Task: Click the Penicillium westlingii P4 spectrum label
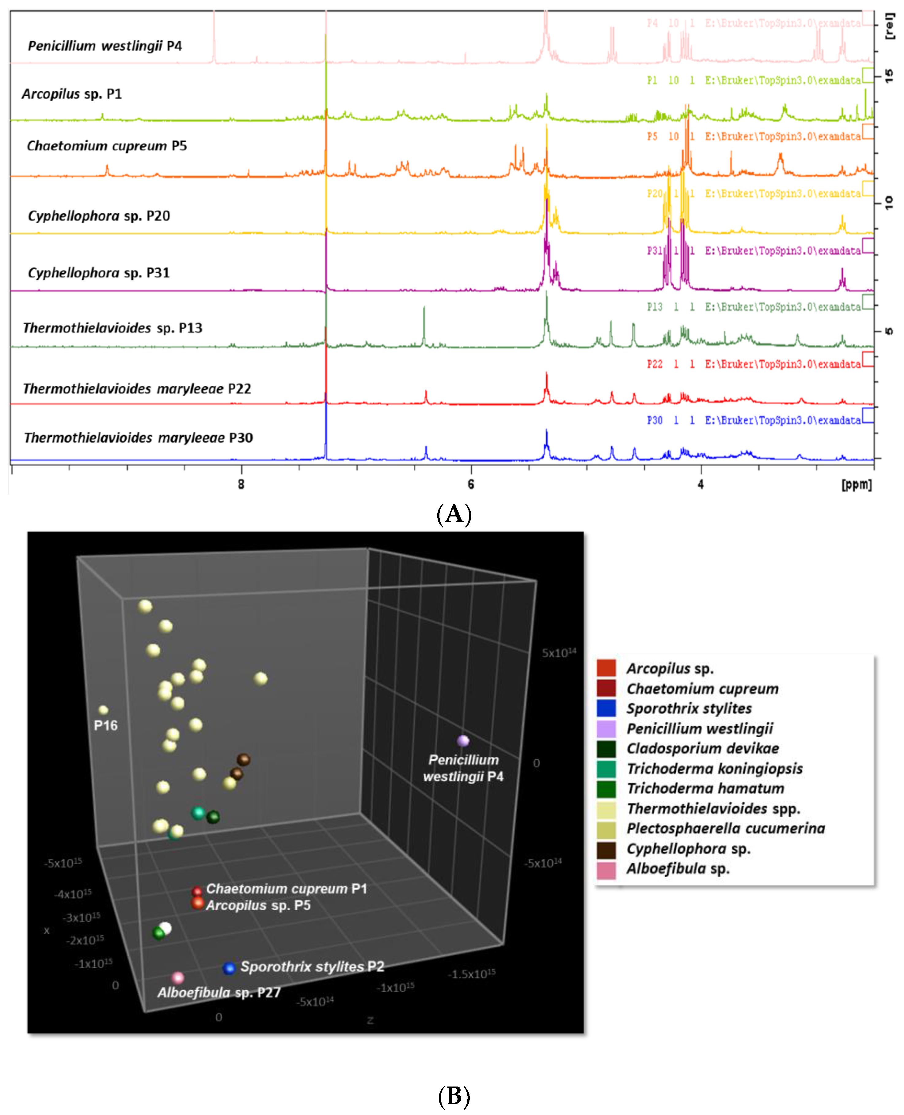pyautogui.click(x=105, y=46)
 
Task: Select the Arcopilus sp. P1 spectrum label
pyautogui.click(x=72, y=94)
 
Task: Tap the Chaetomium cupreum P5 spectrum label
pyautogui.click(x=107, y=146)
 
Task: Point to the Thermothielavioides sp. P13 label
pyautogui.click(x=112, y=328)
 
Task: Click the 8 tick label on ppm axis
pyautogui.click(x=241, y=484)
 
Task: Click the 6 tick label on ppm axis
pyautogui.click(x=471, y=484)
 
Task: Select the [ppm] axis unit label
pyautogui.click(x=856, y=485)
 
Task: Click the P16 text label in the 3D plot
pyautogui.click(x=106, y=725)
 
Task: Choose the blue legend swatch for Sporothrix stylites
pyautogui.click(x=606, y=709)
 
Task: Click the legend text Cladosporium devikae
pyautogui.click(x=702, y=749)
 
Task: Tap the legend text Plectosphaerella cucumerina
pyautogui.click(x=725, y=829)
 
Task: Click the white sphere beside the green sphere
pyautogui.click(x=165, y=928)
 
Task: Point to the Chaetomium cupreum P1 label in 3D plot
pyautogui.click(x=287, y=889)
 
